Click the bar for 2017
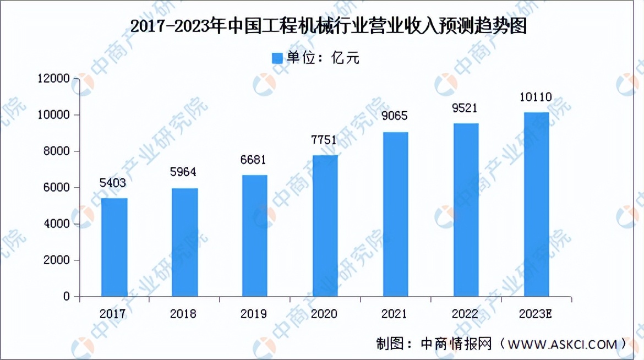coord(114,247)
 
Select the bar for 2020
coord(325,226)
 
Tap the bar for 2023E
coord(537,204)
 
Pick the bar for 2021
coord(396,214)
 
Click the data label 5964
coord(183,172)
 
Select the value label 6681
coord(254,160)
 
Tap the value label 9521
coord(465,108)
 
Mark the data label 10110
coord(536,98)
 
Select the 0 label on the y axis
coord(67,297)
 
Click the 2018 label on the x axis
coord(183,314)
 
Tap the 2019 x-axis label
coord(254,314)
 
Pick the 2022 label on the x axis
coord(465,314)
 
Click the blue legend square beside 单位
coord(277,58)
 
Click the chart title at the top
coord(322,26)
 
